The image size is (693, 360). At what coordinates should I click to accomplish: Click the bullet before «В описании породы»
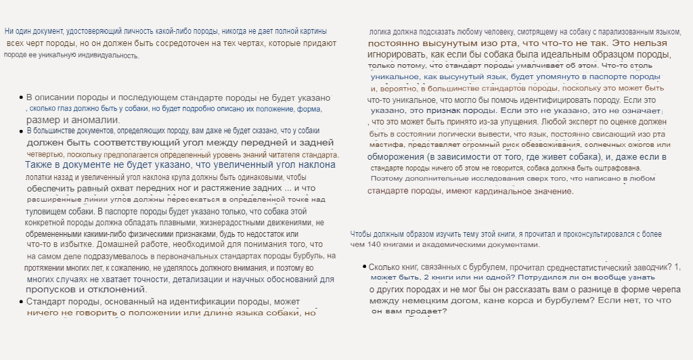coord(21,98)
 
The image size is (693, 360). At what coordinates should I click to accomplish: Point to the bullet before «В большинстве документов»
coord(21,131)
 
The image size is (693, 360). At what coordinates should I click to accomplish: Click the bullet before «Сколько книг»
coord(364,267)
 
